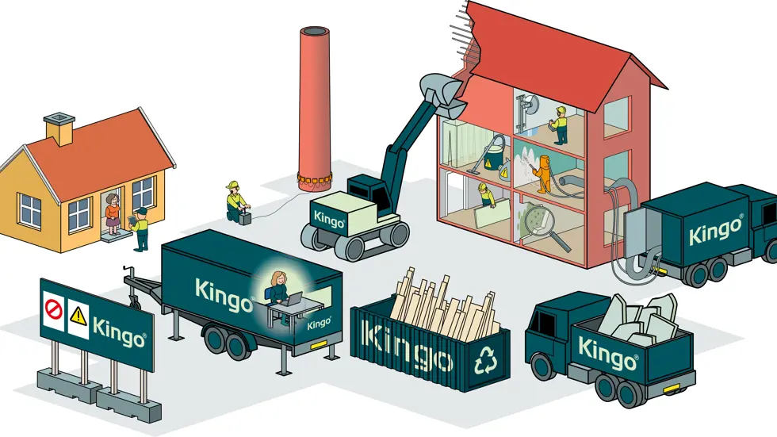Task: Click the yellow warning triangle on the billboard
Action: point(78,316)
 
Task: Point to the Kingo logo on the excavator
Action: point(327,216)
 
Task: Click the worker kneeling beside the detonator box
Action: point(234,201)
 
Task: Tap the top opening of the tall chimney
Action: point(314,32)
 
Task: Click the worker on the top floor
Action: point(560,125)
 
